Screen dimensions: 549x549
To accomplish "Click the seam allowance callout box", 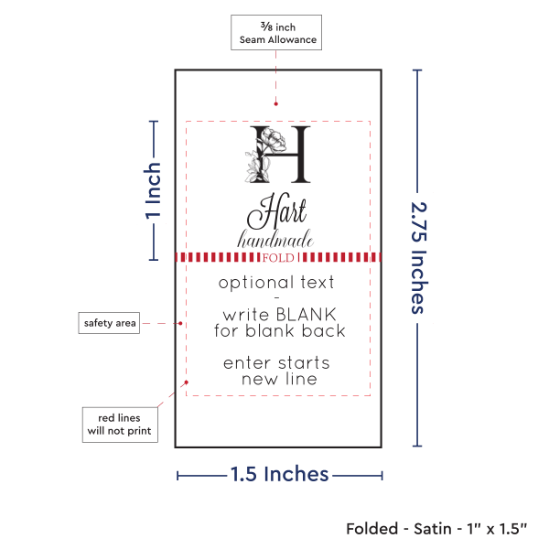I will pyautogui.click(x=277, y=34).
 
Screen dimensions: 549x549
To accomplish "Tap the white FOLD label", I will pyautogui.click(x=274, y=258).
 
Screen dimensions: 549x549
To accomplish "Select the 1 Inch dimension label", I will pyautogui.click(x=154, y=191).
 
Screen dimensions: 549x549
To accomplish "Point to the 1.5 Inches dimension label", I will pyautogui.click(x=279, y=474).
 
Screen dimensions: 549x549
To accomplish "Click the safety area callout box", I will pyautogui.click(x=109, y=323).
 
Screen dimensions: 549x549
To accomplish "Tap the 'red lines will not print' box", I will pyautogui.click(x=119, y=422).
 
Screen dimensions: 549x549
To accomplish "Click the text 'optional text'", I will pyautogui.click(x=276, y=283).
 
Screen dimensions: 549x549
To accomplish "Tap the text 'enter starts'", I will pyautogui.click(x=276, y=363).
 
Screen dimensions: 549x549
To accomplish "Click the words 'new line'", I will pyautogui.click(x=279, y=379).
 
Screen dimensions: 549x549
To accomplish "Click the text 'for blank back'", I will pyautogui.click(x=279, y=330).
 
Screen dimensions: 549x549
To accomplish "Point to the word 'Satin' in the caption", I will pyautogui.click(x=433, y=528).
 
